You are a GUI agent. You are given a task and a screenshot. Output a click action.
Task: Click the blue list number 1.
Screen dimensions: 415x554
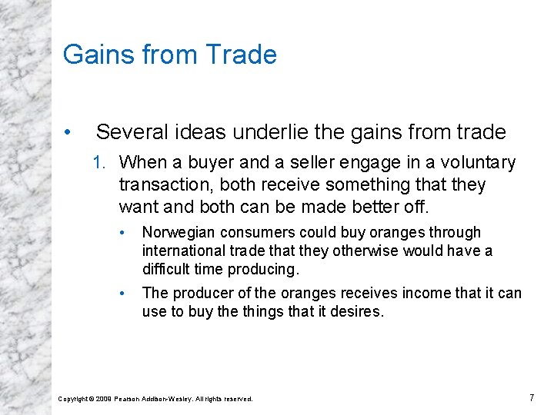click(x=98, y=163)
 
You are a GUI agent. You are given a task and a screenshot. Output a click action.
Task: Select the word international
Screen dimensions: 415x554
click(x=180, y=251)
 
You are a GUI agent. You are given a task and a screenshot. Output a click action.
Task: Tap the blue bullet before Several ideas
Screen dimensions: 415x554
click(x=68, y=133)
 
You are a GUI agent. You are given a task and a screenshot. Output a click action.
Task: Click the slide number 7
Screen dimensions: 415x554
click(x=532, y=397)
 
